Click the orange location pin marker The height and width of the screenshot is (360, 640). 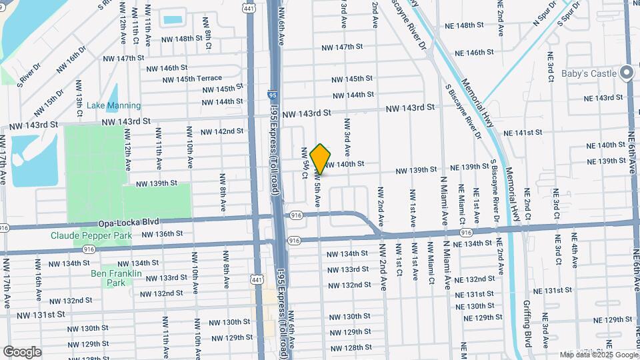(321, 159)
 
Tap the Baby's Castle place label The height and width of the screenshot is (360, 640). (589, 73)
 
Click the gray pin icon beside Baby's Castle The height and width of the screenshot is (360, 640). (626, 73)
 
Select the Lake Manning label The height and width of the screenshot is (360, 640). (114, 105)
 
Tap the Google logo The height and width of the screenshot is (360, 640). (23, 351)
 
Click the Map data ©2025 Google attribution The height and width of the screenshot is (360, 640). (599, 355)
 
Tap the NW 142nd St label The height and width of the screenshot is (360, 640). (223, 131)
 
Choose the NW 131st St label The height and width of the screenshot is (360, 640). (41, 314)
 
